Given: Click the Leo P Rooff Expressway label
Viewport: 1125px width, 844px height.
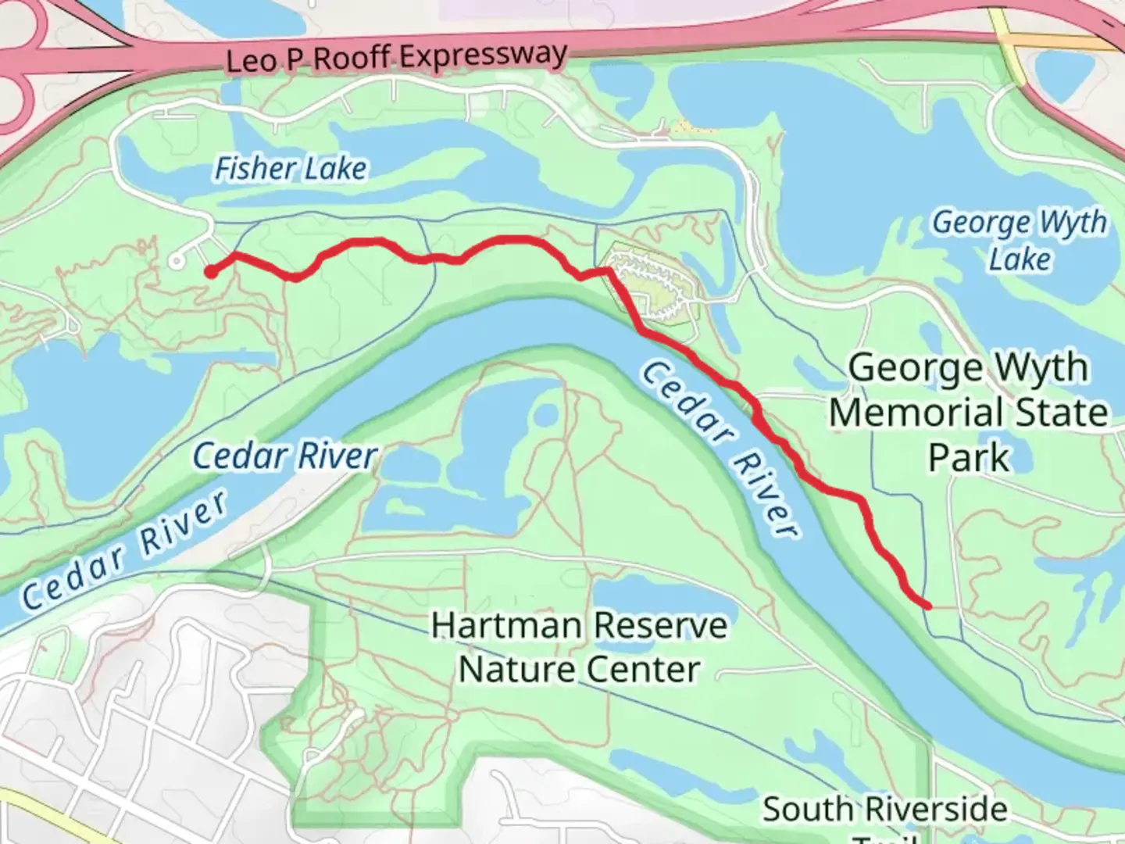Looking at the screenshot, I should point(396,58).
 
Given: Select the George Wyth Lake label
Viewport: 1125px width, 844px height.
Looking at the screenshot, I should point(1020,240).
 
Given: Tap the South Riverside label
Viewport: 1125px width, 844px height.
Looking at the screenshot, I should point(884,810).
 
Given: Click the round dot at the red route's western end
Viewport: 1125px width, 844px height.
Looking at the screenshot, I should point(211,272).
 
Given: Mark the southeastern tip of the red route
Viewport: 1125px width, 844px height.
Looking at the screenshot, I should point(927,606).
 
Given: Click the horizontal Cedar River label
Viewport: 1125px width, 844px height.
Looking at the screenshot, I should point(285,456).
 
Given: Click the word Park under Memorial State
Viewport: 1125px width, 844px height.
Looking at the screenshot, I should point(969,458).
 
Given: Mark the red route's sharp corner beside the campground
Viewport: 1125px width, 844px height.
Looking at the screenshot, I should point(609,270).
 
